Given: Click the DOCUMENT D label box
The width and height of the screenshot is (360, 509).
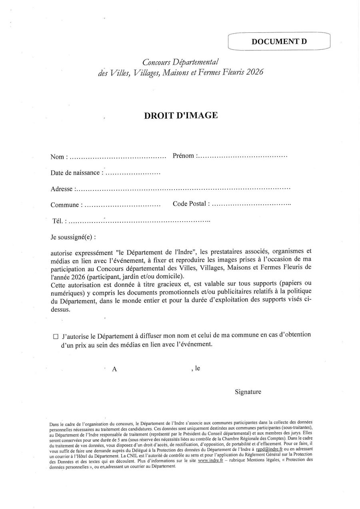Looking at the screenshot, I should (279, 42).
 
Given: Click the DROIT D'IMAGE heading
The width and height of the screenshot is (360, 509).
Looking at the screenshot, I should (181, 115).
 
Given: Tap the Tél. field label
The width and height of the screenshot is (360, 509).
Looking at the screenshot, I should (59, 220).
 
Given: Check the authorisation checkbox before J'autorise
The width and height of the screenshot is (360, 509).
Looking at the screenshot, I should (56, 337).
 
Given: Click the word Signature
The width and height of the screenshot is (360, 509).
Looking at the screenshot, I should (248, 392).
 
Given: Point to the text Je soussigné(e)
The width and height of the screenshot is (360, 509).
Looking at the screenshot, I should (73, 236).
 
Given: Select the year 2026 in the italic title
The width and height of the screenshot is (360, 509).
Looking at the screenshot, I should (255, 72).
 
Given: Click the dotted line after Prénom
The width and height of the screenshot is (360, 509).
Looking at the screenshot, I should (242, 155).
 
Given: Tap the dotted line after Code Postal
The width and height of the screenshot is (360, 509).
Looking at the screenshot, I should (251, 204).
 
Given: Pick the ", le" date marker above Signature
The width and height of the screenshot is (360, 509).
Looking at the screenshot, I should (196, 368).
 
